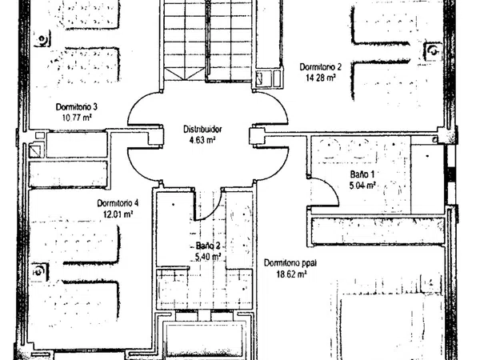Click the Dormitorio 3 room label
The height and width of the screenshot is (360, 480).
[x=77, y=107]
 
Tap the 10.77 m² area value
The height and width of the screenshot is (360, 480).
[x=78, y=118]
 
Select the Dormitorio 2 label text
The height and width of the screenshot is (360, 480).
[x=321, y=67]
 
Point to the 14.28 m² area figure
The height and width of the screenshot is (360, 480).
[x=321, y=78]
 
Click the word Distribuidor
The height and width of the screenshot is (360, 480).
[x=202, y=130]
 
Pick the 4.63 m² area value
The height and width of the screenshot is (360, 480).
[x=202, y=140]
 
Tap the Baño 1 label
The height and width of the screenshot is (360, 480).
[x=362, y=174]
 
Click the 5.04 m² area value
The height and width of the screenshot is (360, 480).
[x=362, y=186]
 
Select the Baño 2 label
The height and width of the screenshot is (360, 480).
[x=208, y=246]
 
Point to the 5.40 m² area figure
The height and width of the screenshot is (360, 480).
[x=208, y=257]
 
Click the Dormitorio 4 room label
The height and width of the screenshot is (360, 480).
[x=118, y=203]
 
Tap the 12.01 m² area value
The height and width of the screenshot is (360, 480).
[x=118, y=214]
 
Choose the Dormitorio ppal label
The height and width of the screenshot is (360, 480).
[x=290, y=263]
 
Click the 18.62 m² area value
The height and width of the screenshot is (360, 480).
[x=291, y=274]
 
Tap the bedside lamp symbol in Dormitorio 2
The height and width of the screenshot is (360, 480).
[x=433, y=51]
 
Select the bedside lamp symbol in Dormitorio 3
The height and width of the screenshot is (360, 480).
[x=42, y=39]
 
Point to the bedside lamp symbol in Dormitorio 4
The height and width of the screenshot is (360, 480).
[x=39, y=271]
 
